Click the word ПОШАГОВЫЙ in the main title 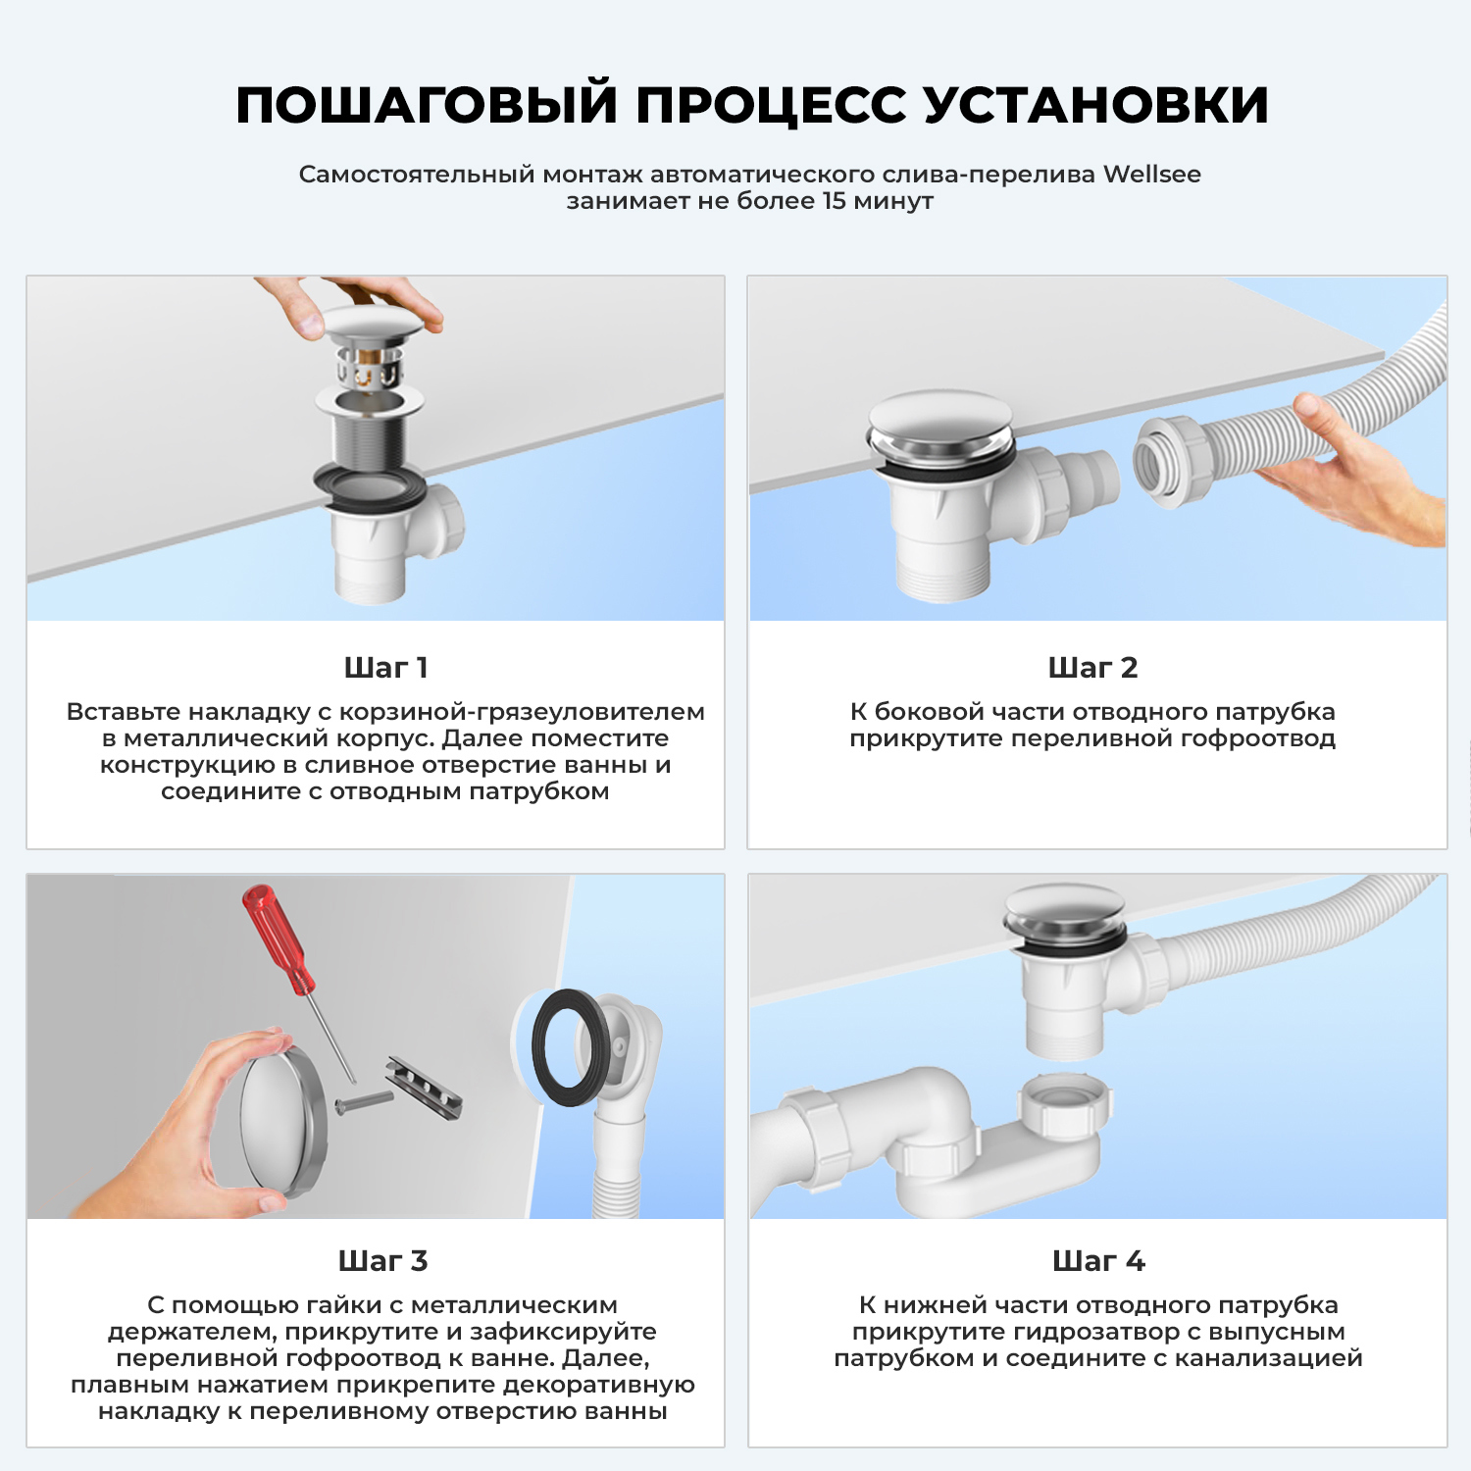click(427, 105)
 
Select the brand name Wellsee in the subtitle click(1151, 175)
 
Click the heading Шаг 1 click(385, 668)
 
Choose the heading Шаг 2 click(1092, 668)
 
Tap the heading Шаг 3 click(382, 1261)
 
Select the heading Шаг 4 click(1098, 1261)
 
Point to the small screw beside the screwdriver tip click(363, 1102)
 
